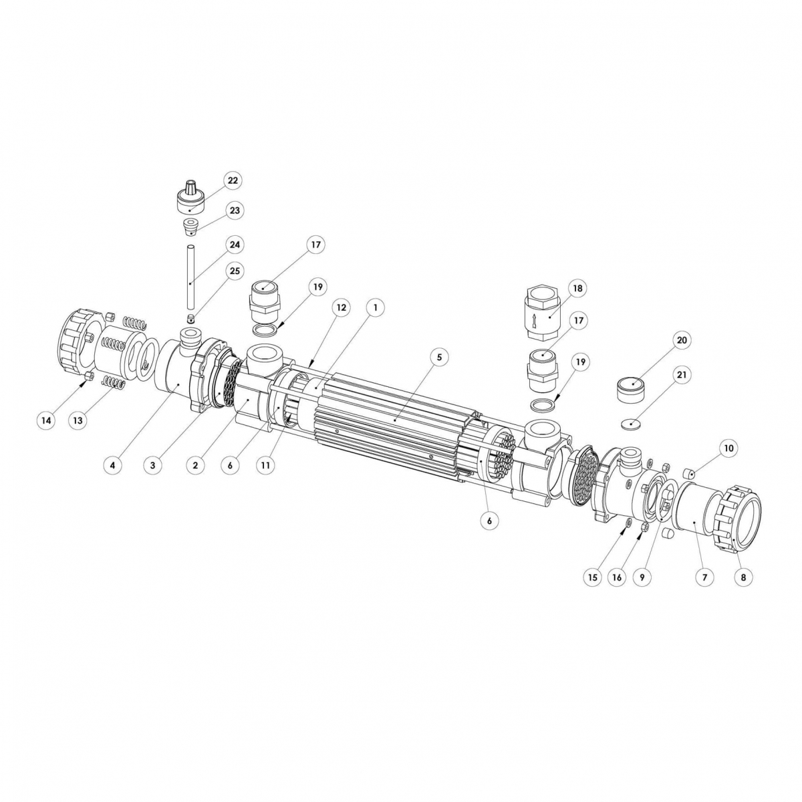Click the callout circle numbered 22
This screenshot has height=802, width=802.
point(233,181)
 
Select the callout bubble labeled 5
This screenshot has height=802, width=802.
point(439,357)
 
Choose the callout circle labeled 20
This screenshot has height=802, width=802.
point(682,341)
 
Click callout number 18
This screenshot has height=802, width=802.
point(576,288)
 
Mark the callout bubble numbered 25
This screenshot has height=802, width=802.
point(234,271)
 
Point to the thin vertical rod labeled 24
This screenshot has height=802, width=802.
point(190,274)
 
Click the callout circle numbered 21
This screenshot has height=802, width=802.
point(682,376)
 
